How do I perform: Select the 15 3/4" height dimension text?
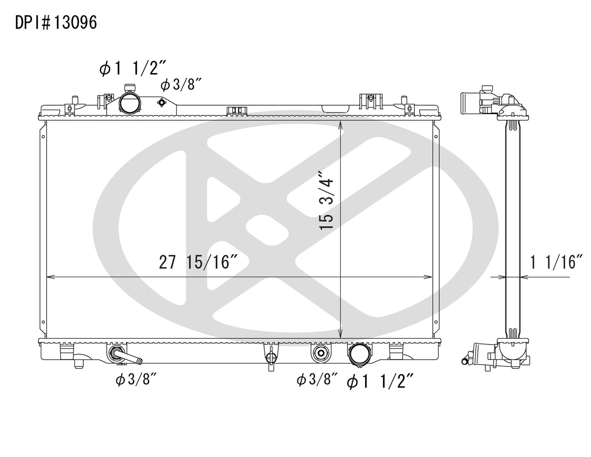pos(327,200)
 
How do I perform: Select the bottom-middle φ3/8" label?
pos(317,381)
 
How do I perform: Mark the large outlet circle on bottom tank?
pos(358,354)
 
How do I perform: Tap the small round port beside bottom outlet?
pos(321,353)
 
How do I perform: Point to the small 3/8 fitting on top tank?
pos(162,102)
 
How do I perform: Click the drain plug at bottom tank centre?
pos(270,358)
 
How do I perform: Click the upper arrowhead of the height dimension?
pos(341,125)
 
